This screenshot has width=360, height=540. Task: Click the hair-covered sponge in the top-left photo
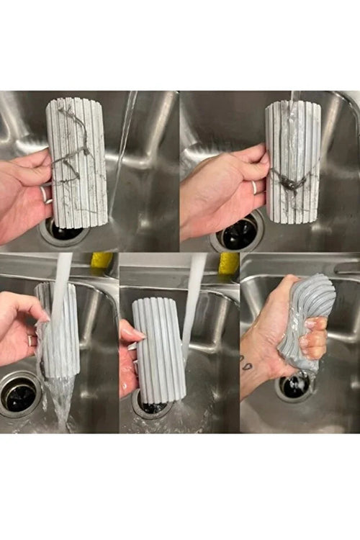[x=77, y=162]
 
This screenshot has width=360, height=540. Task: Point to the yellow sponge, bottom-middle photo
[x=229, y=263]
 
